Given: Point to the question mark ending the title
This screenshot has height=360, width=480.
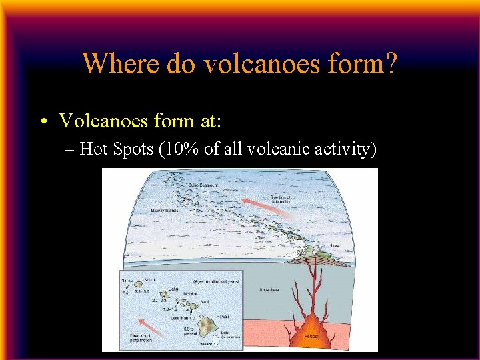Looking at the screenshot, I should click(391, 63).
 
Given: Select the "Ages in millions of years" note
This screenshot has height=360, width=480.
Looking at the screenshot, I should click(213, 281).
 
